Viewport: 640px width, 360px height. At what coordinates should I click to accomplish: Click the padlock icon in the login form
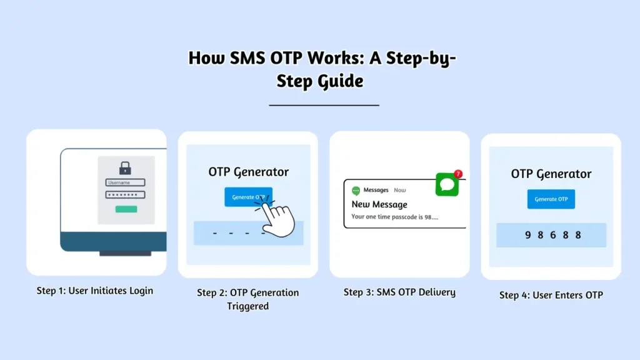point(125,167)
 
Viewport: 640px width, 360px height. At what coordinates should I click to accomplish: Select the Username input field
point(125,182)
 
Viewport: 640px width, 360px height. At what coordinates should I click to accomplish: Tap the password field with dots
point(125,195)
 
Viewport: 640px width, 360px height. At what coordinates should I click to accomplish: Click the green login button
point(126,209)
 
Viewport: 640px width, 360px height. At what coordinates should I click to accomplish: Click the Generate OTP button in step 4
point(551,199)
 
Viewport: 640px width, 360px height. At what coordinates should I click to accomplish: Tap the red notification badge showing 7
point(458,174)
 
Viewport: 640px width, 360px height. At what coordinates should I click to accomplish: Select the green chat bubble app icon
point(447,184)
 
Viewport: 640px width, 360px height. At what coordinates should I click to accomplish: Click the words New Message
point(379,204)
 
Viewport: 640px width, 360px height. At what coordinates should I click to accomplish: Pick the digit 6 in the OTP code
point(553,235)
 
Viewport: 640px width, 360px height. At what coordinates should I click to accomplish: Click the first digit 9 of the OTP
point(527,235)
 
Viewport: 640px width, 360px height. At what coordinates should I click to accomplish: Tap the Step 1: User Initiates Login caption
point(95,291)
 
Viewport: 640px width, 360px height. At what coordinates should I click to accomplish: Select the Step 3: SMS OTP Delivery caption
point(399,292)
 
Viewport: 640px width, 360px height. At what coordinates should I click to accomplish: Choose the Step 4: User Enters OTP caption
point(551,295)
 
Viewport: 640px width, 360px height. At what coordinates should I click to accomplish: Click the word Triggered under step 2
point(247,306)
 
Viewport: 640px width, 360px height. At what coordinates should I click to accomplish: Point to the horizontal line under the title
point(324,105)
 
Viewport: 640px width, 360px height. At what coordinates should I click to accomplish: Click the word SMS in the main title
point(247,58)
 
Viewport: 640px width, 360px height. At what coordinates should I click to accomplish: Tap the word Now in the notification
point(399,190)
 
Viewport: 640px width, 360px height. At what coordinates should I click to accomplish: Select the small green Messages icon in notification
point(356,191)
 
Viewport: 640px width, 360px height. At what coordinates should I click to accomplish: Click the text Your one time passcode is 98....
point(395,217)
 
